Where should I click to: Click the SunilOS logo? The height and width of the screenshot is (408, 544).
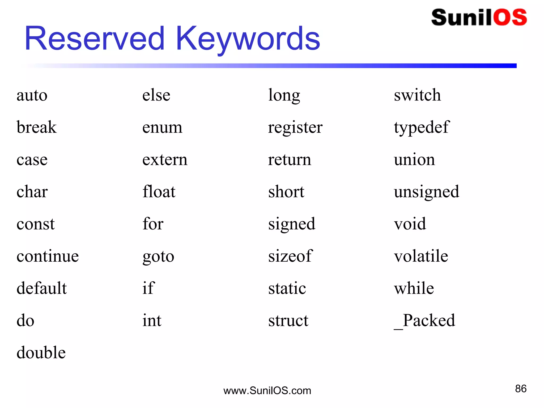pyautogui.click(x=479, y=18)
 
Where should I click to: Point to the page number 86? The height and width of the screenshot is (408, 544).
pyautogui.click(x=521, y=389)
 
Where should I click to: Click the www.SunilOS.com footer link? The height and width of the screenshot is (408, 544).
pyautogui.click(x=267, y=391)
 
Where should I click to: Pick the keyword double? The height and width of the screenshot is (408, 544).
pyautogui.click(x=41, y=352)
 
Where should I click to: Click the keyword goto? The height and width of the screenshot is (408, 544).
pyautogui.click(x=158, y=257)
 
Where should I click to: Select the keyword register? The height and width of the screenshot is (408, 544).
pyautogui.click(x=295, y=128)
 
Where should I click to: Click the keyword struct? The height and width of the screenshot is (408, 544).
pyautogui.click(x=288, y=320)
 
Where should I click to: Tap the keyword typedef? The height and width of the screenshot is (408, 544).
pyautogui.click(x=421, y=127)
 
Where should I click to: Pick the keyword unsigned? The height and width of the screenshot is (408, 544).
pyautogui.click(x=426, y=192)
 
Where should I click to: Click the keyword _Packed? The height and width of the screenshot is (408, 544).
pyautogui.click(x=424, y=320)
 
